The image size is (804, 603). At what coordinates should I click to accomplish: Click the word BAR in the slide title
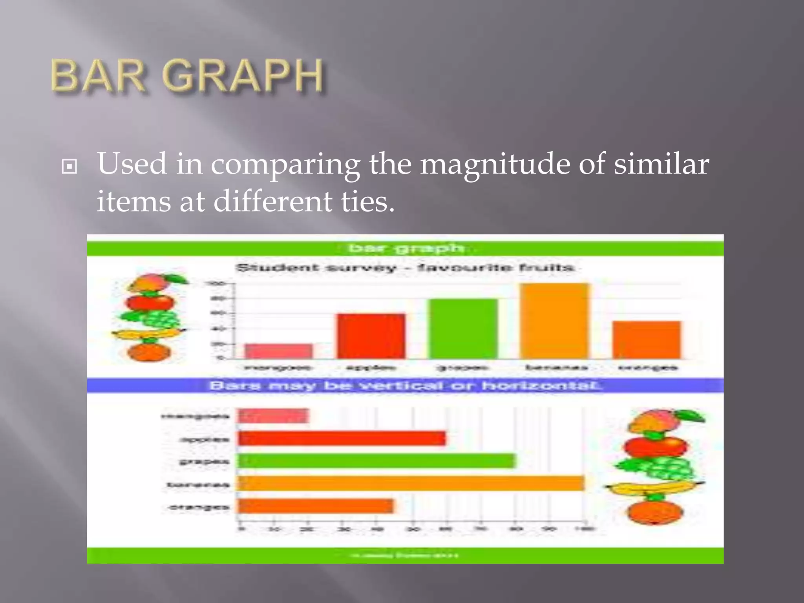98,75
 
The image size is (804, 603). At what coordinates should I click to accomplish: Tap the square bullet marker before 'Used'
69,167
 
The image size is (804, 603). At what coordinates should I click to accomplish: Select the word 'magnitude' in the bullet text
495,164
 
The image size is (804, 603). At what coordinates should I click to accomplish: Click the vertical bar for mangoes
279,351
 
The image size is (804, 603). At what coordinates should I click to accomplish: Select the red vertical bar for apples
371,336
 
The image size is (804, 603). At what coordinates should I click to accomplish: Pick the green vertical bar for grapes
463,329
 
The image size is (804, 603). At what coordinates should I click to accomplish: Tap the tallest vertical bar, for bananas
555,321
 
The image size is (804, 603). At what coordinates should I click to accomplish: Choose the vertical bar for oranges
647,340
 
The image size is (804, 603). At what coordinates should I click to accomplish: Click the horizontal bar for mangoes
274,416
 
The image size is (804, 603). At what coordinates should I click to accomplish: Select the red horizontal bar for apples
342,438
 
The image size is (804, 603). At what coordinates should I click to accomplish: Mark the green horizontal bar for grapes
376,461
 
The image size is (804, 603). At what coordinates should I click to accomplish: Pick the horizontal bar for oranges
316,506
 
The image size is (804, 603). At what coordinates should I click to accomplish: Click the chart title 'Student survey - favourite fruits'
404,268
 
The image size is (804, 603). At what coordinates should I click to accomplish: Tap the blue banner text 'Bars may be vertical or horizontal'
404,386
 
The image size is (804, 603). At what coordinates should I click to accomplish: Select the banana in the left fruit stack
147,334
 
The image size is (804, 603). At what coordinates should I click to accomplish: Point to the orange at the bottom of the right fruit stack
655,512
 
